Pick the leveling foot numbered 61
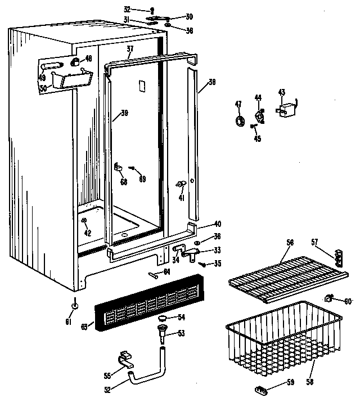pos(74,306)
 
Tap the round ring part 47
pos(239,121)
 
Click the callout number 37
pos(130,50)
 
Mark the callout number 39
pos(124,113)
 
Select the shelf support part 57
pos(339,258)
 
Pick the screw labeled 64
pos(155,275)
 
